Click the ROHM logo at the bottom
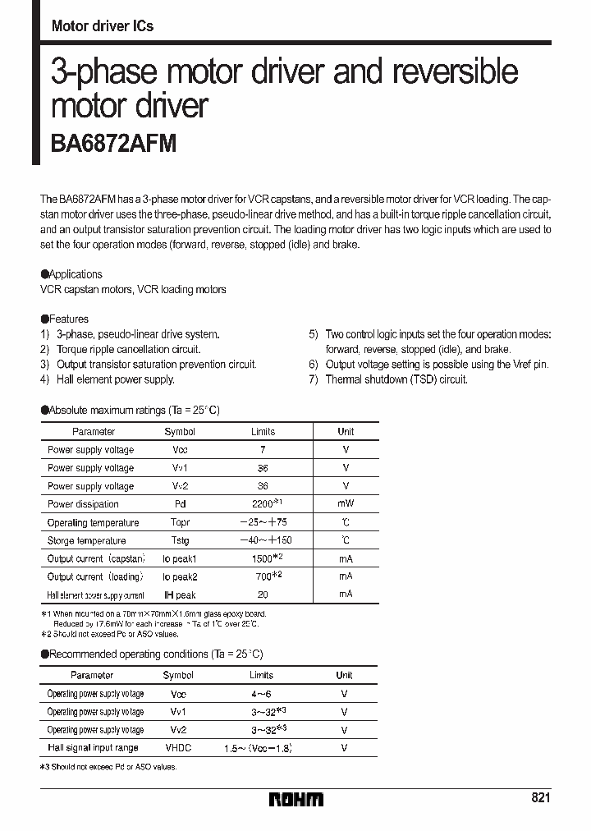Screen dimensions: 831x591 [295, 799]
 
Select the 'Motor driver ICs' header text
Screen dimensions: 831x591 [102, 26]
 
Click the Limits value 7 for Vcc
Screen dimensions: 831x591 [263, 450]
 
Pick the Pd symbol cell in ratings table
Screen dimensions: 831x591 [180, 504]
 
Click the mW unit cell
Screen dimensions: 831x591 [346, 504]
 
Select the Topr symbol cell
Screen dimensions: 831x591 [180, 522]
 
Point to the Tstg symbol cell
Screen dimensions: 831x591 [180, 540]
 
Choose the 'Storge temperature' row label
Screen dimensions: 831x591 [86, 540]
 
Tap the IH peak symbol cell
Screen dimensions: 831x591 [180, 595]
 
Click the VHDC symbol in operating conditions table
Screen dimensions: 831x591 [178, 748]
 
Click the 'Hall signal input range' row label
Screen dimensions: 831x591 [93, 748]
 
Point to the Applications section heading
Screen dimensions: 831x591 [72, 274]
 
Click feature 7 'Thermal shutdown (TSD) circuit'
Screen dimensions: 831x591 [396, 379]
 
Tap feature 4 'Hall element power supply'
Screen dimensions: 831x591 [115, 379]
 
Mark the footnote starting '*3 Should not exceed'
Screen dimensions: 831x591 [108, 767]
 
